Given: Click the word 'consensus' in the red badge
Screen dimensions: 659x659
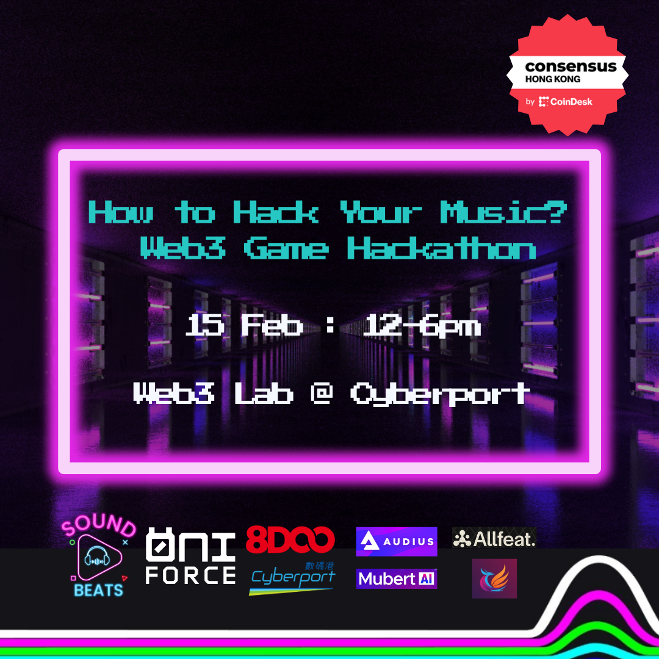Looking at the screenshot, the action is point(571,67).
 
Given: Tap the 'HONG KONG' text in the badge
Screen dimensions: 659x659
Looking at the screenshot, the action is point(552,79).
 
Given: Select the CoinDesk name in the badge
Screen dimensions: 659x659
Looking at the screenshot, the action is point(571,102).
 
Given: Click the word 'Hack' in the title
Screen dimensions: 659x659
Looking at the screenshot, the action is point(276,212).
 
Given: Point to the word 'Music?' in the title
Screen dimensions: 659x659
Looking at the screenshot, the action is point(503,212).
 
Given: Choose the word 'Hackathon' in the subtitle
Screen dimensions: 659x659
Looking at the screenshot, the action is point(441,248).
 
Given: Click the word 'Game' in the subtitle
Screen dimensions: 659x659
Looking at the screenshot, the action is point(286,248).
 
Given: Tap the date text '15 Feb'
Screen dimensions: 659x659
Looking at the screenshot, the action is point(244,325).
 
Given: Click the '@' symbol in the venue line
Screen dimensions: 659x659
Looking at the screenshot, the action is point(322,393).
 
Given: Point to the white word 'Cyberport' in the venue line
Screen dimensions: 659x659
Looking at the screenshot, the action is point(439,394).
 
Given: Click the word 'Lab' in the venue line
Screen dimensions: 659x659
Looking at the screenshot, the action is point(264,393).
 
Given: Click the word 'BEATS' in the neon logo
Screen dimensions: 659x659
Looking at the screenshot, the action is point(98,591).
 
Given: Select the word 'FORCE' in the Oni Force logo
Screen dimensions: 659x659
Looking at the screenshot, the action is point(190,575).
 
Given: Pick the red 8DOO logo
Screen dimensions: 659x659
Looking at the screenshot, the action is point(290,539).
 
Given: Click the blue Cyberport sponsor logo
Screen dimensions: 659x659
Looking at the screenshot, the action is point(292,578).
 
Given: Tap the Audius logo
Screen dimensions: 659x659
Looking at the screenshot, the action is point(397,541).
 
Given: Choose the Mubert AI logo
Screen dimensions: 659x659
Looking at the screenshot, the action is point(397,578).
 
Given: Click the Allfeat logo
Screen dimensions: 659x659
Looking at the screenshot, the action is point(494,538).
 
